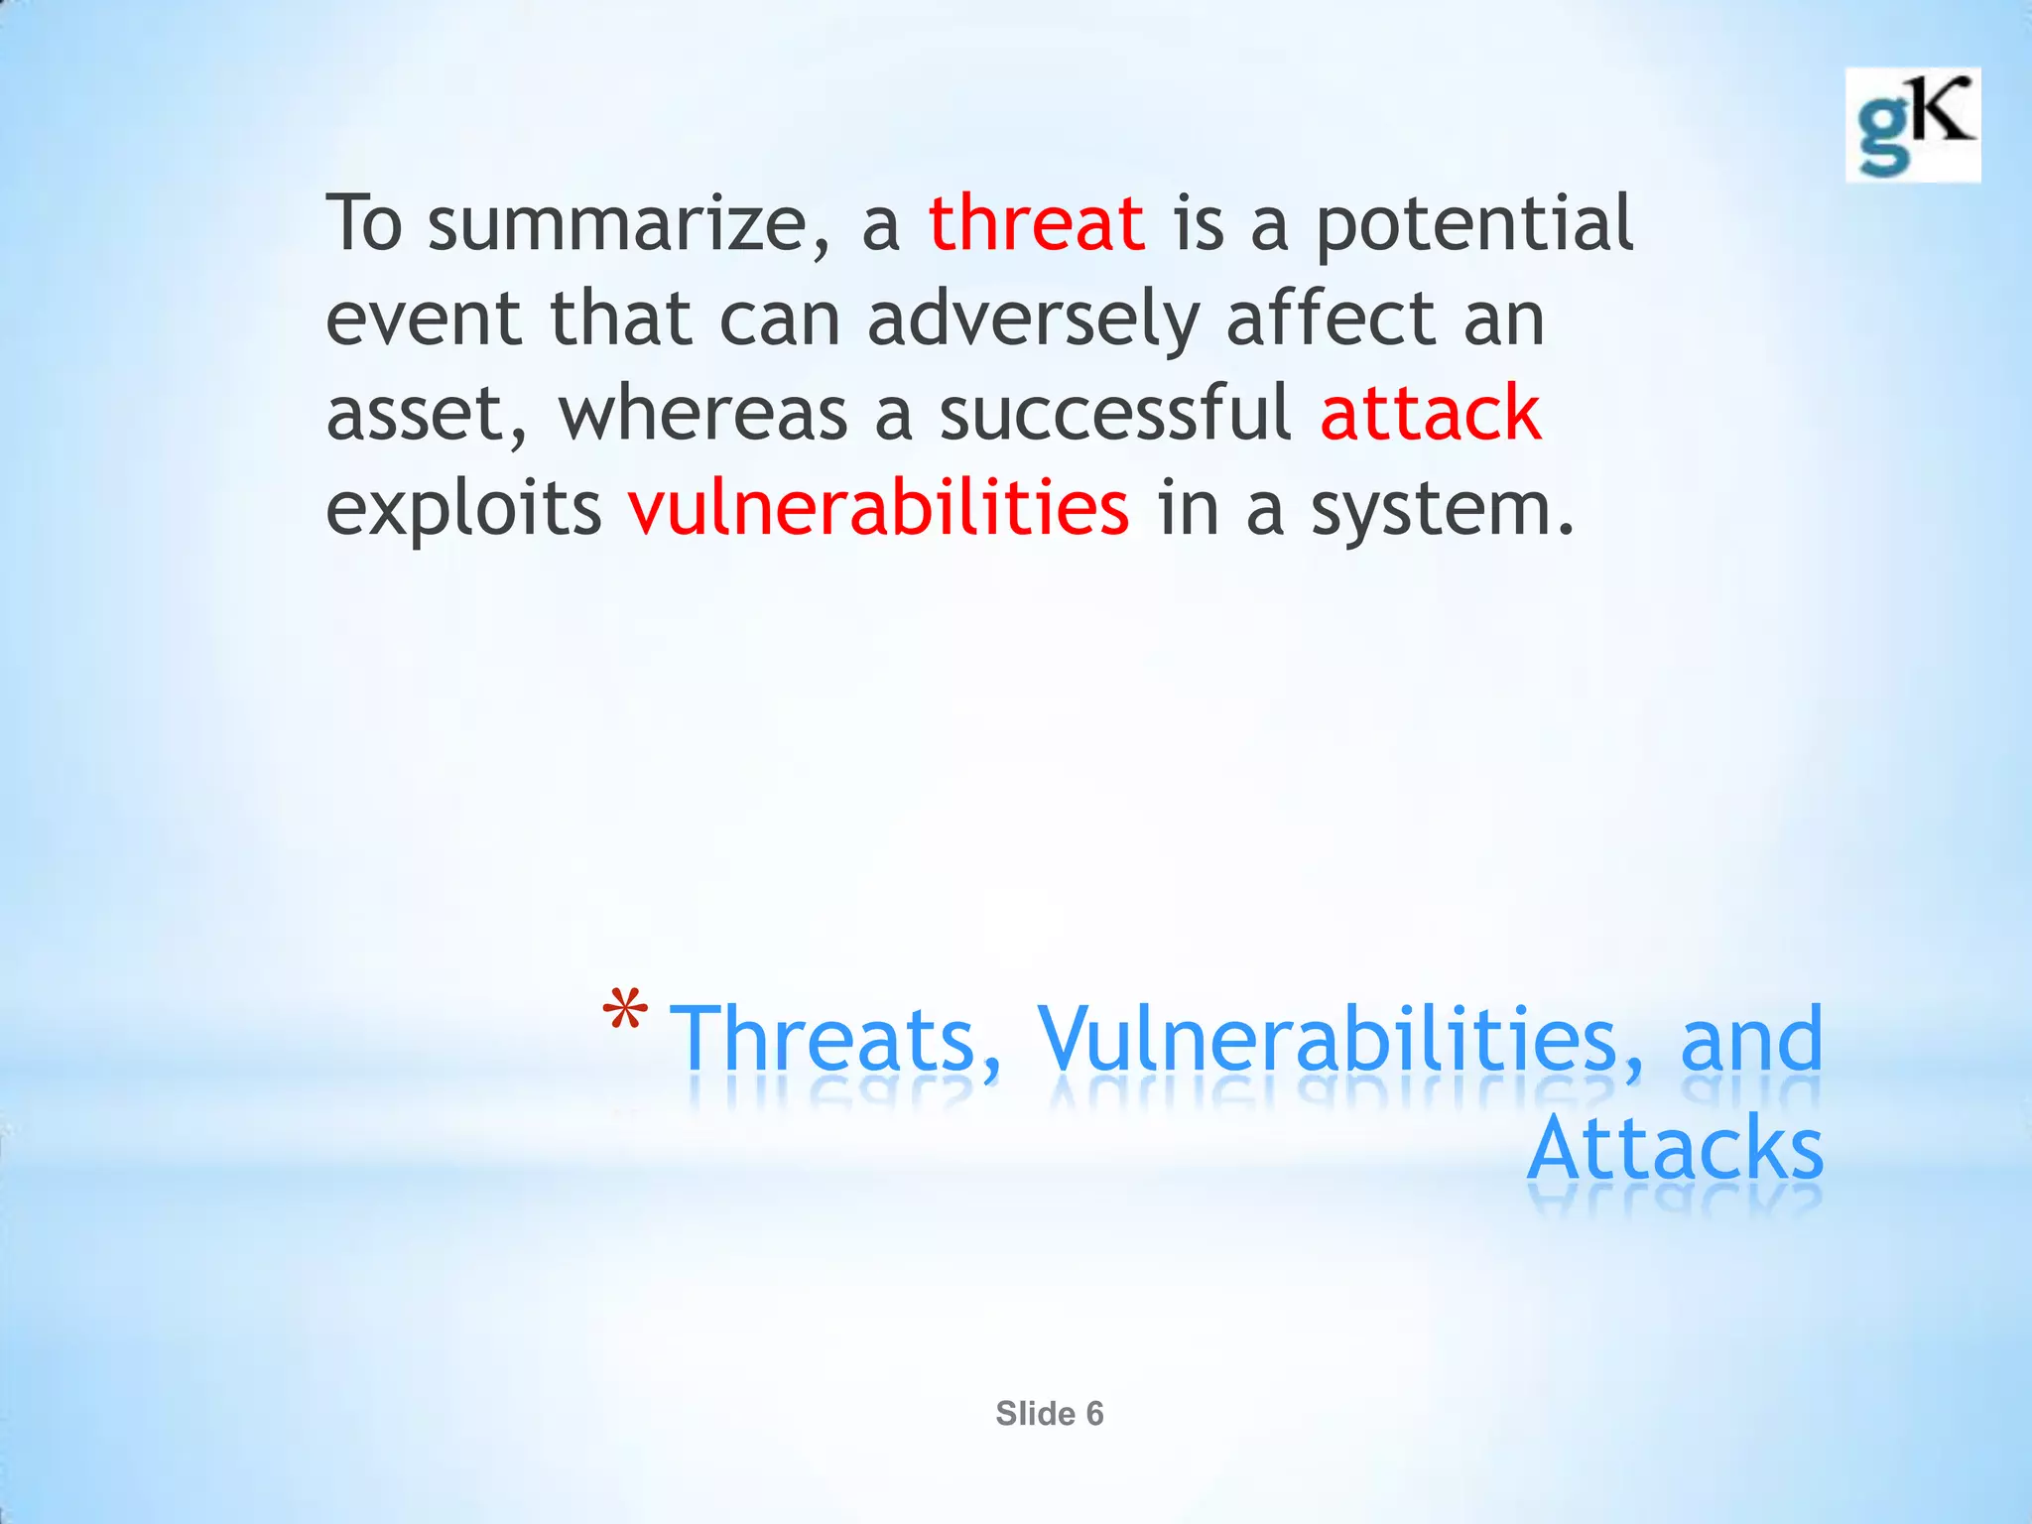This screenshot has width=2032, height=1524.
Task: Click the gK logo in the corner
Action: click(1912, 125)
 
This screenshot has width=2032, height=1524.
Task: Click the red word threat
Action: click(1036, 223)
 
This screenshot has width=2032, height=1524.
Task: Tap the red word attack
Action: click(1430, 413)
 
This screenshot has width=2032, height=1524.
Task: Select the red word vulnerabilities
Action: click(878, 508)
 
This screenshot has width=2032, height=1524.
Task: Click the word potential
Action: click(1474, 225)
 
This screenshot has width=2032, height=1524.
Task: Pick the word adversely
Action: click(1033, 320)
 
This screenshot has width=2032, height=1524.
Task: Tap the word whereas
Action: click(703, 415)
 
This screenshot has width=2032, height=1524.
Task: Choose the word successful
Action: click(1115, 413)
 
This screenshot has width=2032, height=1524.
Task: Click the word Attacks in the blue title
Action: click(1674, 1149)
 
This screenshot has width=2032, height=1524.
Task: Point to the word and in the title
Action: click(1750, 1040)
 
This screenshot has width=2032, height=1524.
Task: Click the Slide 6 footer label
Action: click(1049, 1413)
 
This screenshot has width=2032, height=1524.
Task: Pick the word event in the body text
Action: click(424, 320)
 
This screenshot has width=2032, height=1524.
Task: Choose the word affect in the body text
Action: click(1329, 318)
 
